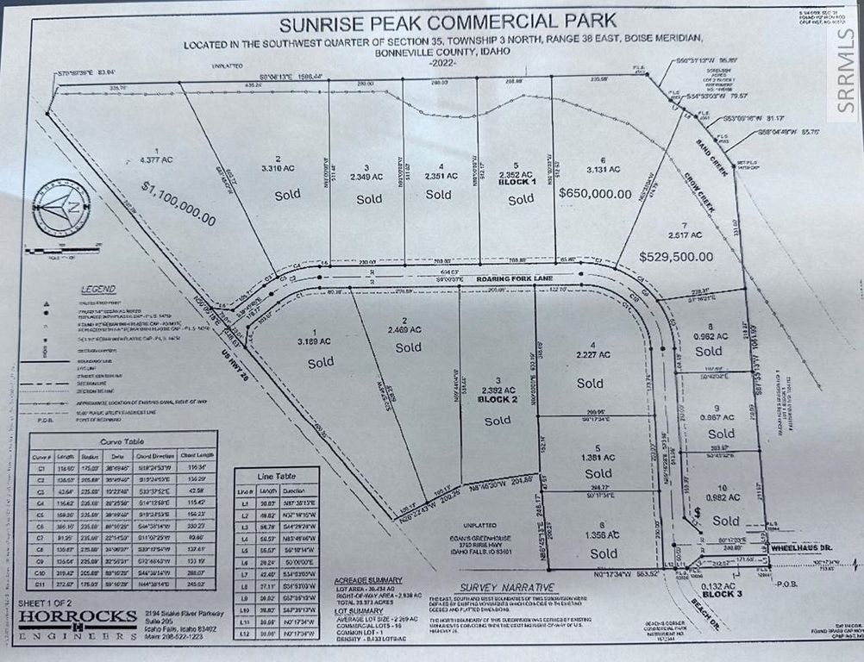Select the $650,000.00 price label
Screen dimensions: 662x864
tap(607, 194)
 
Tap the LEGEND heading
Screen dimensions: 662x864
tap(97, 290)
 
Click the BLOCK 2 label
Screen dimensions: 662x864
tap(498, 401)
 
